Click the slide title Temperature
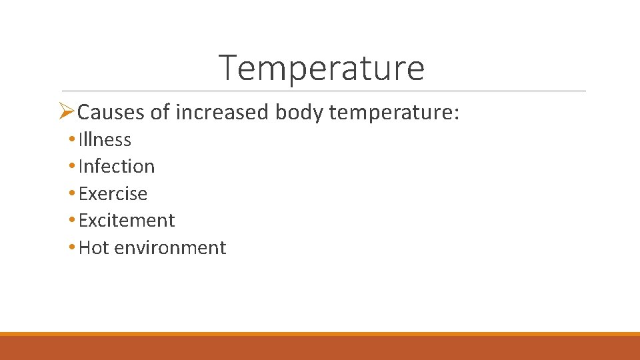coord(321,67)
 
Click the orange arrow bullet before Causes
coord(67,112)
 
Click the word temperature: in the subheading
coord(394,113)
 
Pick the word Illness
coord(105,140)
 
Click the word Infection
coord(117,167)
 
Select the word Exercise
coord(113,194)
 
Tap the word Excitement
coord(127,221)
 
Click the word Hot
coord(94,248)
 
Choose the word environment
coord(170,248)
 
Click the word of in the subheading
coord(160,113)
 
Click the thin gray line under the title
coord(323,91)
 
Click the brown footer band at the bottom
coord(320,348)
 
